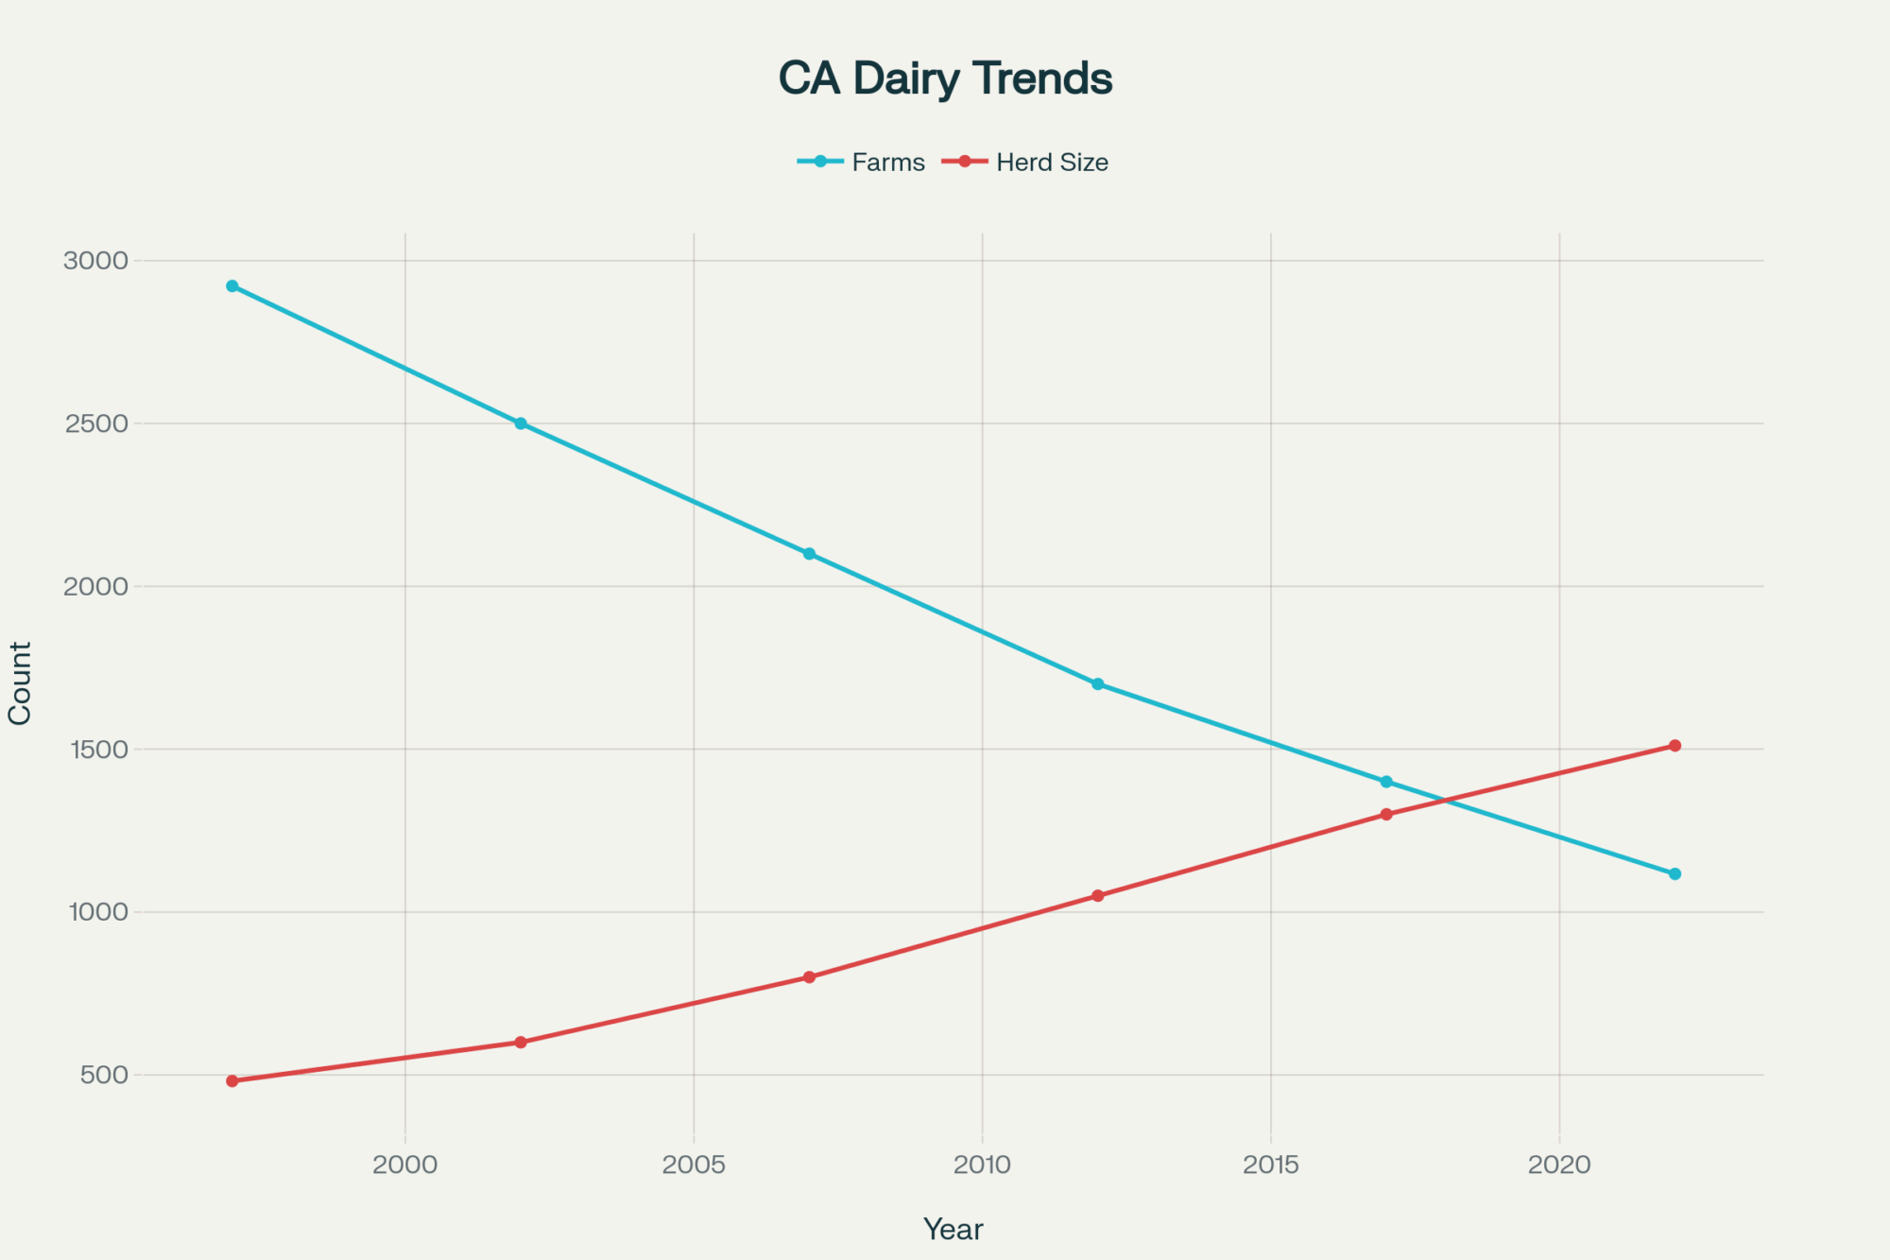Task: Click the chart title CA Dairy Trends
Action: pos(945,78)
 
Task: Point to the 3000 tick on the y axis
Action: pos(95,261)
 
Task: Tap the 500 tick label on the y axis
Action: pos(104,1075)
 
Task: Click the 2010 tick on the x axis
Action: pos(982,1165)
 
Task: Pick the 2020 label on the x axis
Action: pos(1559,1165)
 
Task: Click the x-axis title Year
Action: pos(953,1229)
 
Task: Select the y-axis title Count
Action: pos(20,682)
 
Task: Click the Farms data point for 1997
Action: pos(232,286)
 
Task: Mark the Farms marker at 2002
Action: pos(521,423)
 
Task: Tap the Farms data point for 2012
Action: pos(1098,683)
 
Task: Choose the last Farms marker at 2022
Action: pos(1675,873)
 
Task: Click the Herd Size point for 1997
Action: pos(232,1080)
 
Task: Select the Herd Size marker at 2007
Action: pos(809,977)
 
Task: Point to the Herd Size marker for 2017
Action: pos(1386,814)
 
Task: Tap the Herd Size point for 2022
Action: pos(1675,746)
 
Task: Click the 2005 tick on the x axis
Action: pos(694,1165)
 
